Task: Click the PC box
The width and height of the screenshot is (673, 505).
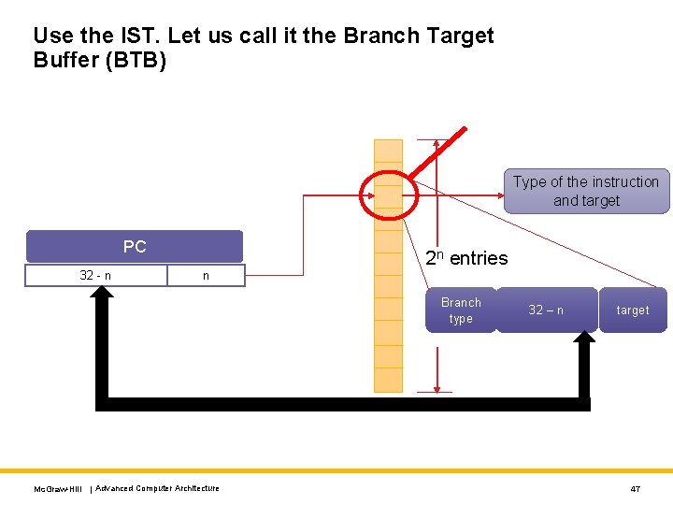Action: click(x=135, y=247)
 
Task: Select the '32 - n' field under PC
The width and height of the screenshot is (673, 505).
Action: click(x=95, y=276)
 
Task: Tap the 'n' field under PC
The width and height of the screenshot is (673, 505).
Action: click(x=206, y=276)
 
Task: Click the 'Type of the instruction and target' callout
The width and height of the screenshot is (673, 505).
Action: click(x=586, y=191)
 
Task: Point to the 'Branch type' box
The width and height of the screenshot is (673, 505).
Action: click(x=461, y=310)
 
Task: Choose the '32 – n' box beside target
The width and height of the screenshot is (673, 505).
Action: click(x=546, y=310)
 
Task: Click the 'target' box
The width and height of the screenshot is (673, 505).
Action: click(x=633, y=310)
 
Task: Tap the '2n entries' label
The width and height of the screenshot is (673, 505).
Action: click(x=466, y=258)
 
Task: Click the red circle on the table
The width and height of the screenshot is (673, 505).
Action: click(x=387, y=194)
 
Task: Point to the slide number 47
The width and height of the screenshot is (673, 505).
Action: click(x=636, y=489)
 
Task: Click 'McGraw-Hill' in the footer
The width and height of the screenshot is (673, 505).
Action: click(x=58, y=489)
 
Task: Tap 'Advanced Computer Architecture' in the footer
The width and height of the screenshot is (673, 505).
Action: click(x=157, y=488)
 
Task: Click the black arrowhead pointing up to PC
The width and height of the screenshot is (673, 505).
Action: click(x=102, y=296)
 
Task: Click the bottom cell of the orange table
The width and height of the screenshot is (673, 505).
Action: click(x=388, y=381)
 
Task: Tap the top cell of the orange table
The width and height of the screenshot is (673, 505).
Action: click(x=388, y=150)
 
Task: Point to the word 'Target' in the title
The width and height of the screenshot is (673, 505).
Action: click(x=459, y=36)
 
